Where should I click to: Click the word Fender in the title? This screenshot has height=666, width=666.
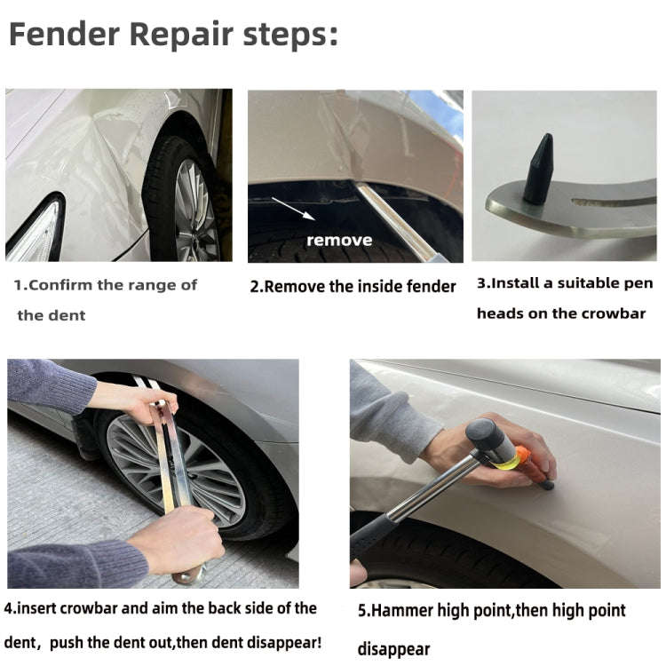[65, 35]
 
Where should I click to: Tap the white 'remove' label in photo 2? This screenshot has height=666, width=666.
[339, 240]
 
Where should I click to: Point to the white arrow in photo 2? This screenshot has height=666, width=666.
[292, 208]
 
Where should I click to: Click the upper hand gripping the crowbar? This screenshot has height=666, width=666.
[147, 404]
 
